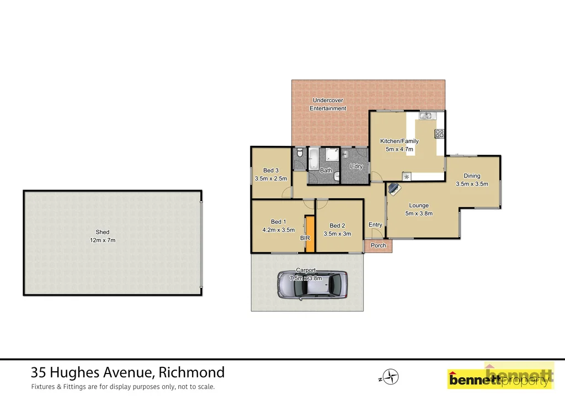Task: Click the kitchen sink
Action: tap(426, 116)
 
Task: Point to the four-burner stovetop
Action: tap(439, 133)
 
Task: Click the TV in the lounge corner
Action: tap(394, 189)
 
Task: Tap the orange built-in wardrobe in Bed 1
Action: tap(310, 234)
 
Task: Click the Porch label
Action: tap(379, 246)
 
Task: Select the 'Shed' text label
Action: tap(103, 232)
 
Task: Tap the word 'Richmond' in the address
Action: tap(191, 372)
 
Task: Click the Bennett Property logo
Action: tap(499, 378)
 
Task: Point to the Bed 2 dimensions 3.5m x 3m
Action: tap(337, 234)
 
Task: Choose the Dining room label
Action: tap(472, 176)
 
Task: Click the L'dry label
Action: tap(356, 166)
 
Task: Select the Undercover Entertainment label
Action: tap(328, 104)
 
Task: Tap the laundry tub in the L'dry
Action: tap(346, 154)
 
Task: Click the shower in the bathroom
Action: tap(332, 155)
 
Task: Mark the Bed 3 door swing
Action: tap(286, 192)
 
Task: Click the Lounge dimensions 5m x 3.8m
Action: tap(419, 213)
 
